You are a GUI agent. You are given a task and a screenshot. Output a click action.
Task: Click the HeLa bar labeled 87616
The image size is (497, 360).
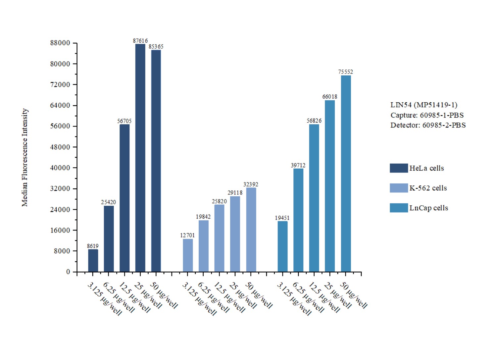tap(140, 158)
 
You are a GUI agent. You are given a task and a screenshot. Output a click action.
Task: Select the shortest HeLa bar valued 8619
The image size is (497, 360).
tap(93, 261)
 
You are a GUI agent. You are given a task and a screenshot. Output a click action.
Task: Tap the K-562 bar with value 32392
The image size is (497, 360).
tap(251, 230)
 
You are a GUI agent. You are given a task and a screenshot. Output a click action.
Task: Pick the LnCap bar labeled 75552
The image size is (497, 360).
tap(346, 174)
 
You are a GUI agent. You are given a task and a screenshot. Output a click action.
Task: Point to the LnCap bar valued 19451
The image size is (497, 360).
tap(282, 246)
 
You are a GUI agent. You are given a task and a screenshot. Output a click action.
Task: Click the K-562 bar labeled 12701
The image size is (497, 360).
tap(188, 255)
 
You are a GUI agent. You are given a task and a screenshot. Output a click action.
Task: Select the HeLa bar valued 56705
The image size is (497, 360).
tap(124, 198)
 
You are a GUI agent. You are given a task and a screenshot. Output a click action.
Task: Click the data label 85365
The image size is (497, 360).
tap(156, 47)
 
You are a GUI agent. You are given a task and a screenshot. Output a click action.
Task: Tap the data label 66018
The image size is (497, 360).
tap(330, 97)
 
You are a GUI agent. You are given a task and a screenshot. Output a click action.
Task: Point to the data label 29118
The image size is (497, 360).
tap(235, 193)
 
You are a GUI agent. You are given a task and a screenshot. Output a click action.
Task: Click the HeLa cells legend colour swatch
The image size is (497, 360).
tap(399, 168)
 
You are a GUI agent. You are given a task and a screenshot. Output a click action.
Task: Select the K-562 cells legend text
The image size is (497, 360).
tap(428, 188)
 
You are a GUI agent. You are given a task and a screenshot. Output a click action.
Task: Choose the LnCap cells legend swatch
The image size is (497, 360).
tap(399, 208)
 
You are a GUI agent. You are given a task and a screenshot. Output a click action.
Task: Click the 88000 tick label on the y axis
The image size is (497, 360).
tap(60, 43)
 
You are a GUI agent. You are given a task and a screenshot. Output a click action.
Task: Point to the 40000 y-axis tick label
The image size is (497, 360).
tap(60, 168)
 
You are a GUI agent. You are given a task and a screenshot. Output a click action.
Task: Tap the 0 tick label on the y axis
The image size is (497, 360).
tap(68, 272)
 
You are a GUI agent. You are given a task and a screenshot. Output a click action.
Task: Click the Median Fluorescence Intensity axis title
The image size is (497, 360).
tap(25, 158)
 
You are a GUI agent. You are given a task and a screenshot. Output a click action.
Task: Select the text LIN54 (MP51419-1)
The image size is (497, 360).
tap(424, 105)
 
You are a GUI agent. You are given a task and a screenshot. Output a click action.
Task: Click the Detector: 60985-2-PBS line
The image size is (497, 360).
tap(428, 125)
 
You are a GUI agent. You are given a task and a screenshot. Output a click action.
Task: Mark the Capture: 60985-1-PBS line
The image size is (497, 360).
tap(427, 115)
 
